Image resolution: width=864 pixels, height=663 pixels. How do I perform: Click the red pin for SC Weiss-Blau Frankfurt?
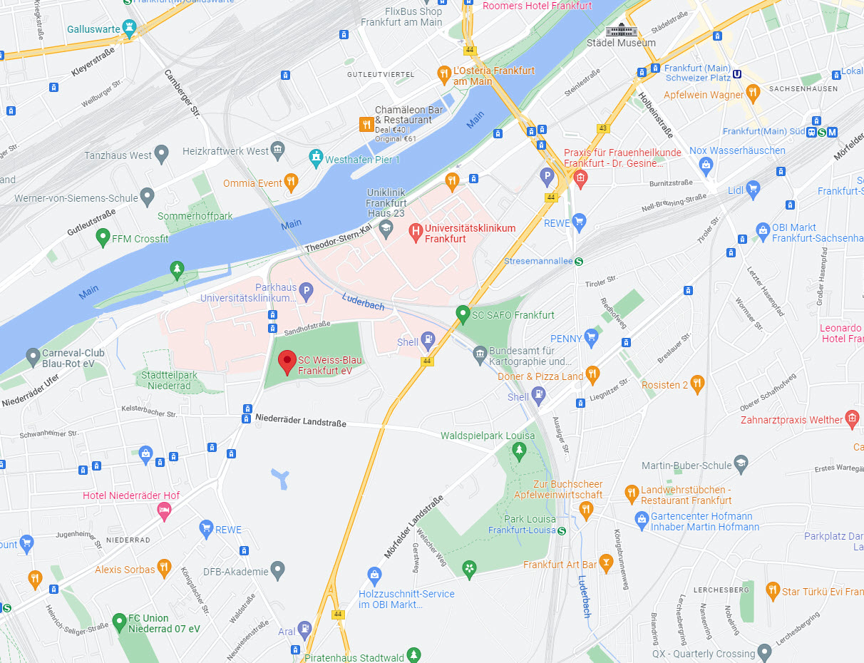click(287, 361)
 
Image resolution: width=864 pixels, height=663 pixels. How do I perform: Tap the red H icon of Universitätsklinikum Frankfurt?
click(415, 232)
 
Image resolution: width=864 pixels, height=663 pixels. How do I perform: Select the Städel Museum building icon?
click(619, 29)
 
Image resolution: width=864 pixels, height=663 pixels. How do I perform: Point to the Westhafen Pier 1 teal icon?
click(316, 159)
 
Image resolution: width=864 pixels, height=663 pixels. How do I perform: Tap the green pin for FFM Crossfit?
click(103, 237)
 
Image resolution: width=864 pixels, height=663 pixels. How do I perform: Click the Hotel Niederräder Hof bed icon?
click(164, 510)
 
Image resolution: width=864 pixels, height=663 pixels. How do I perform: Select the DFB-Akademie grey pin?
click(278, 570)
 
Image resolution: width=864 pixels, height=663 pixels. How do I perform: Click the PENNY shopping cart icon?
click(591, 337)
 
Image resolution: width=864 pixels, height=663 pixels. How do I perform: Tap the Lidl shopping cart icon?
click(753, 190)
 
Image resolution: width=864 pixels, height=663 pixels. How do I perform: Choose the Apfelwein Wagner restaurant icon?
click(754, 93)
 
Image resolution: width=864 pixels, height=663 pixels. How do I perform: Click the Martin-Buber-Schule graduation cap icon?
click(741, 464)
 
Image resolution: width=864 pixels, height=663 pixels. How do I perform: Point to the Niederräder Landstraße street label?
click(300, 422)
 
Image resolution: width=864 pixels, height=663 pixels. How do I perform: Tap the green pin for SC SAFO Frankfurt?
click(463, 313)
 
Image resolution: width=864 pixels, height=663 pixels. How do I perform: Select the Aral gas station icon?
click(304, 630)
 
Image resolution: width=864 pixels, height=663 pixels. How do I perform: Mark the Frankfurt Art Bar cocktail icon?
click(606, 563)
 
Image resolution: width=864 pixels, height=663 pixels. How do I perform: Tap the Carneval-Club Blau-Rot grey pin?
click(32, 356)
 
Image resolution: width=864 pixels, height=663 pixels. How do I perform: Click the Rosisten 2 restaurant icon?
click(697, 384)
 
